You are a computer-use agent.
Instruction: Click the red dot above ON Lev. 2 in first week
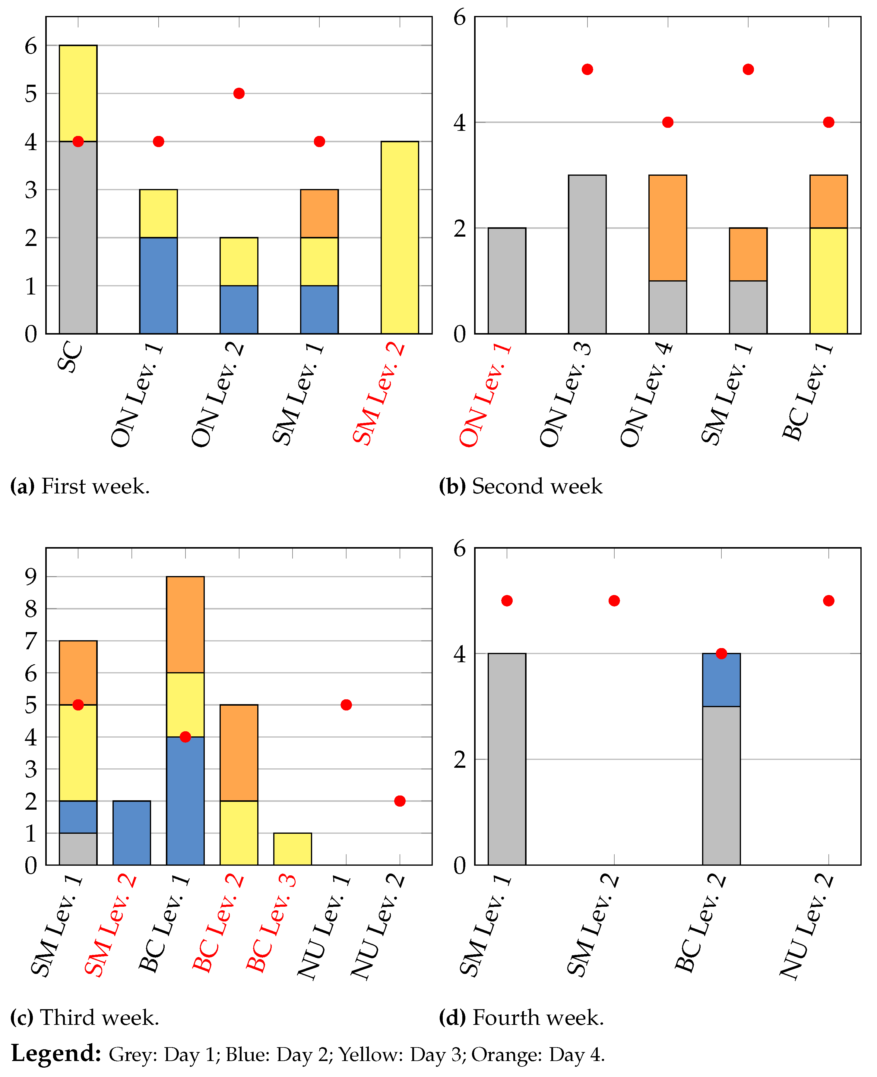239,93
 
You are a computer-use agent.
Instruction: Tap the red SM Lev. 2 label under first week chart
379,394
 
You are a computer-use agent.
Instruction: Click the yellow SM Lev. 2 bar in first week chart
400,237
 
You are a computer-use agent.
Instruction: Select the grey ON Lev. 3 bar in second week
587,254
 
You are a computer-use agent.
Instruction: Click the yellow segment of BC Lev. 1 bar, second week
828,280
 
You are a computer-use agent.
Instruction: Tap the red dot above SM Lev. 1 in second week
748,69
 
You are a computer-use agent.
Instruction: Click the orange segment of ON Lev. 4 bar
667,227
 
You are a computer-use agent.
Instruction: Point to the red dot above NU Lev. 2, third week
400,801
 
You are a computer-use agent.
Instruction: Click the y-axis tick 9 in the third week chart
31,576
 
